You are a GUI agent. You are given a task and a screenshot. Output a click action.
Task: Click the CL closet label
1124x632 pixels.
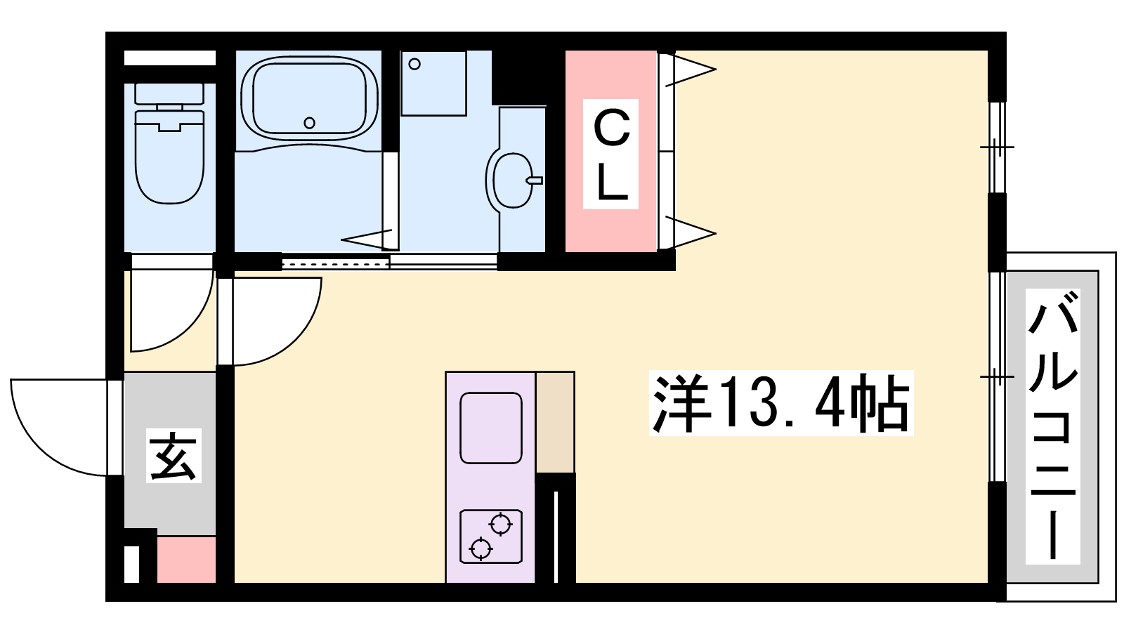pos(610,154)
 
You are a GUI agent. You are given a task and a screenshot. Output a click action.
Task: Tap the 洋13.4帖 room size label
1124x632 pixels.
pos(780,403)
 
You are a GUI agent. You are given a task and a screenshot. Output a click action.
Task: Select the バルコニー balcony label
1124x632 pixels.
pos(1053,427)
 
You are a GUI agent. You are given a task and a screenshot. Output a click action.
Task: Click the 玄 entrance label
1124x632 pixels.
pos(174,456)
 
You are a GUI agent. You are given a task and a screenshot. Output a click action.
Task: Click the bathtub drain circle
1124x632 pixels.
pos(310,122)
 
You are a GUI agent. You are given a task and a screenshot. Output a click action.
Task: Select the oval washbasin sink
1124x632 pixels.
pos(512,180)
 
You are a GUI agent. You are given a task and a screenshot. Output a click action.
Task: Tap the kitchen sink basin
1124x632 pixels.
pos(491,428)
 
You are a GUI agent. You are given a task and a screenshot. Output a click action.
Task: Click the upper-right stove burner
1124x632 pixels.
pos(501,525)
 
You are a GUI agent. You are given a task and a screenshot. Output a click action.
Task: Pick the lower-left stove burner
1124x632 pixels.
pos(481,548)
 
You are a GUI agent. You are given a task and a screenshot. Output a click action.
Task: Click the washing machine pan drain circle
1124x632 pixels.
pos(414,64)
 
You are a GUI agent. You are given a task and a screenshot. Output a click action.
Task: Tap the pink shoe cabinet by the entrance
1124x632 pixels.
pos(186,559)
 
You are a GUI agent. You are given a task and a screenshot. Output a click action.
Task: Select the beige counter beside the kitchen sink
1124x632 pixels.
pos(555,422)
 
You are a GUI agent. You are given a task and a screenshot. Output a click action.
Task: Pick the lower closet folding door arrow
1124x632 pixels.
pos(691,232)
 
